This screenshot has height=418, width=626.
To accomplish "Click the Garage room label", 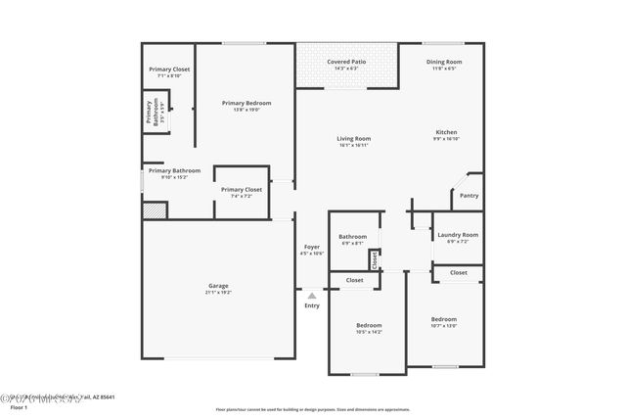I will pyautogui.click(x=217, y=287).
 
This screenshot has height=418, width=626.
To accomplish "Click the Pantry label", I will pyautogui.click(x=469, y=195).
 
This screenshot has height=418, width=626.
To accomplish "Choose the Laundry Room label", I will pyautogui.click(x=457, y=236).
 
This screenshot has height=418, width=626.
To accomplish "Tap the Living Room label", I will pyautogui.click(x=354, y=140).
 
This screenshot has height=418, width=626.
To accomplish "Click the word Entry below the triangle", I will pyautogui.click(x=311, y=306).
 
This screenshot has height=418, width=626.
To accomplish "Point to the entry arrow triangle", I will pyautogui.click(x=311, y=295).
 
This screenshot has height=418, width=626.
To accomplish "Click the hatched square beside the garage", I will pyautogui.click(x=154, y=210).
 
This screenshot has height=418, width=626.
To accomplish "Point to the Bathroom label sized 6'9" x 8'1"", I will pyautogui.click(x=352, y=238).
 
